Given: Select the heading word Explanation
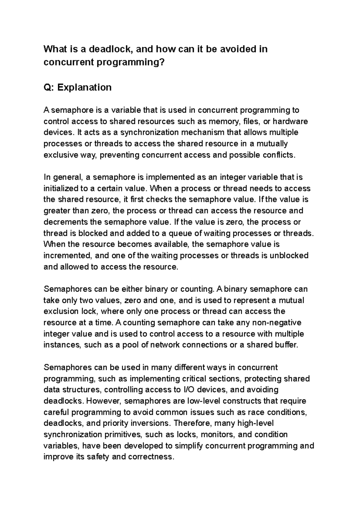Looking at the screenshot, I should (x=84, y=88).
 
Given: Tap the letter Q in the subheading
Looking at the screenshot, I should (x=47, y=88).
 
